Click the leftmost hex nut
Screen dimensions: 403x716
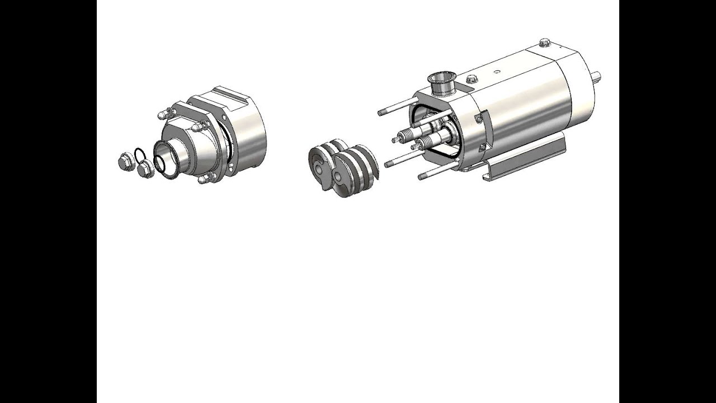point(126,162)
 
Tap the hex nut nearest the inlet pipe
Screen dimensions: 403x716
point(145,168)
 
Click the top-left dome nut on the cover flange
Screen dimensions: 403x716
point(163,115)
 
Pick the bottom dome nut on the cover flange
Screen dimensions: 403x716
point(205,179)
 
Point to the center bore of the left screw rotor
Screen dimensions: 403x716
point(319,168)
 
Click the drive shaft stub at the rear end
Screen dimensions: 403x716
point(596,77)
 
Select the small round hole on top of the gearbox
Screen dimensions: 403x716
point(497,72)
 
